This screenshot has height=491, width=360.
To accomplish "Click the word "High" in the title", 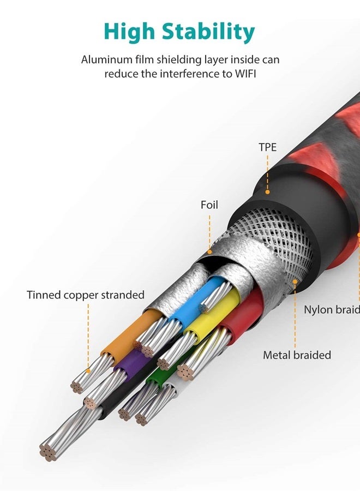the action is click(129, 32).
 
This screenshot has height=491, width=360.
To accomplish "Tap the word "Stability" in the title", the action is click(208, 32).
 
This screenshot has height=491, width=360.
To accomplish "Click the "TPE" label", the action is click(268, 147).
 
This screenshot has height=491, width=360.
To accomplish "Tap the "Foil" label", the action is click(209, 205).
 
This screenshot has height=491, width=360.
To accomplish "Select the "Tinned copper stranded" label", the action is click(86, 295).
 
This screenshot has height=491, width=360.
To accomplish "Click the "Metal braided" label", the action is click(297, 355).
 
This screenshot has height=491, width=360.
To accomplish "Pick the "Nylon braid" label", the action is click(332, 310).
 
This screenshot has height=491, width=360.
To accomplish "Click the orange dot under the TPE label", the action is click(268, 191).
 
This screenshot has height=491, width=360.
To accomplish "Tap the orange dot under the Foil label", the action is click(210, 252).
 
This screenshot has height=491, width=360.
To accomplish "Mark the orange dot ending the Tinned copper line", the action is click(88, 371).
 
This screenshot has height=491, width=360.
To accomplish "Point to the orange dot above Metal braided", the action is click(295, 282).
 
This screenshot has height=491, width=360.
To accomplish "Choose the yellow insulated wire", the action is click(213, 316).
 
